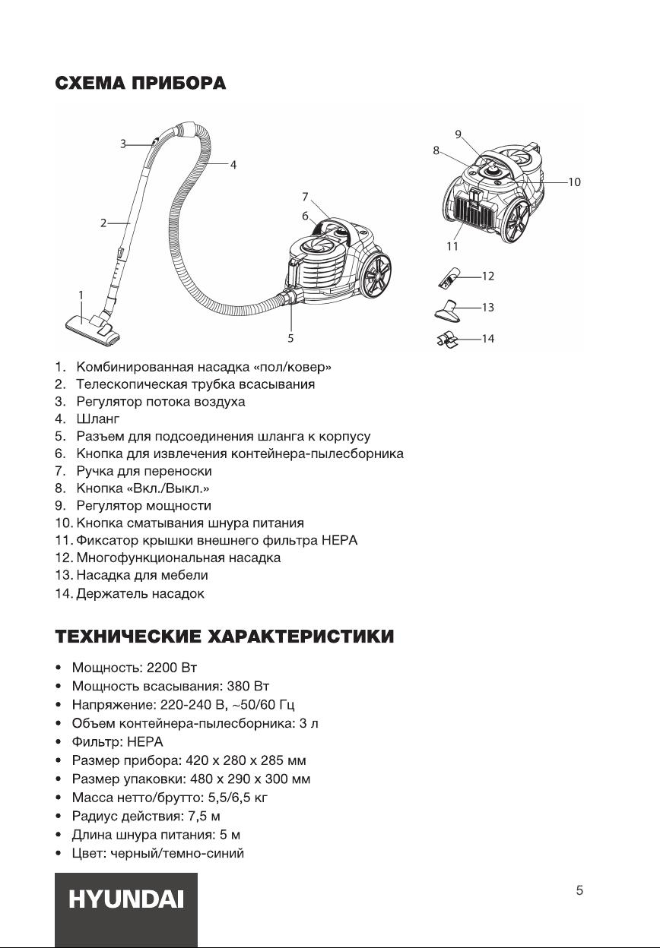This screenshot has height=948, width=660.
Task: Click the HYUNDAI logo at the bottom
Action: (126, 900)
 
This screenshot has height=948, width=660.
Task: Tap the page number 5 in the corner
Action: (579, 890)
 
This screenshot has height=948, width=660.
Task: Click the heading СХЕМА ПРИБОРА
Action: (140, 83)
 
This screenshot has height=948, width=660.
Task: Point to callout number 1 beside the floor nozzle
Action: (81, 294)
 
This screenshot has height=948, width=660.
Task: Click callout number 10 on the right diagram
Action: (574, 182)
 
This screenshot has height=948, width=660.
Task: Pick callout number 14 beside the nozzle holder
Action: (488, 339)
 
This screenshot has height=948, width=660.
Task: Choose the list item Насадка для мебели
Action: (141, 575)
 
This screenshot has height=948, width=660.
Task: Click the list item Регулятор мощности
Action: (144, 506)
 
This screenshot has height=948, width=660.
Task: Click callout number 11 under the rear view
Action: (453, 246)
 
